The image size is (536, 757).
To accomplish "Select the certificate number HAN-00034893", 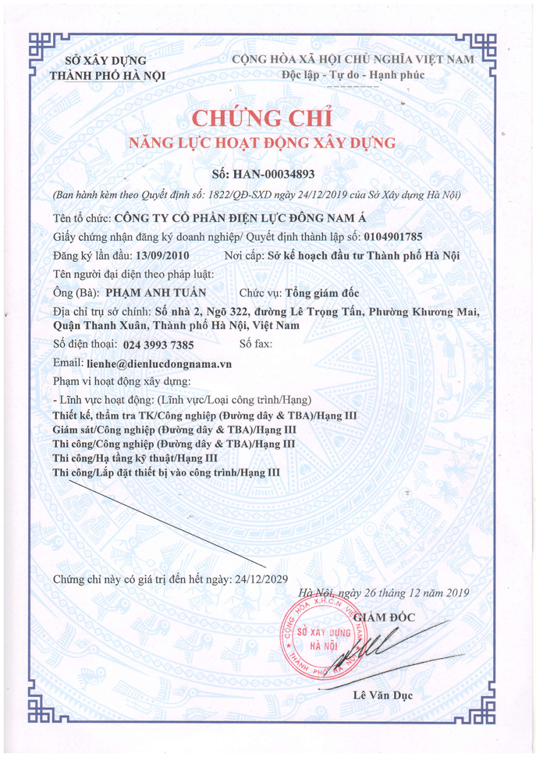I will [x=282, y=173].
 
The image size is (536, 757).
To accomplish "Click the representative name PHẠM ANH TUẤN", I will [x=155, y=293].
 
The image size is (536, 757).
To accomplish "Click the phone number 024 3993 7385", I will [x=158, y=345].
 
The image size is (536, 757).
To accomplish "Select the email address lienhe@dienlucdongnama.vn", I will [x=160, y=364].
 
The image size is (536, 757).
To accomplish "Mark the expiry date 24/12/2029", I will [x=260, y=578].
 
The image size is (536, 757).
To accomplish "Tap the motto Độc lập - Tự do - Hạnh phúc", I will [x=354, y=76].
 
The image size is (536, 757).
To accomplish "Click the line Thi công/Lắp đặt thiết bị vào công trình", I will [x=167, y=472].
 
